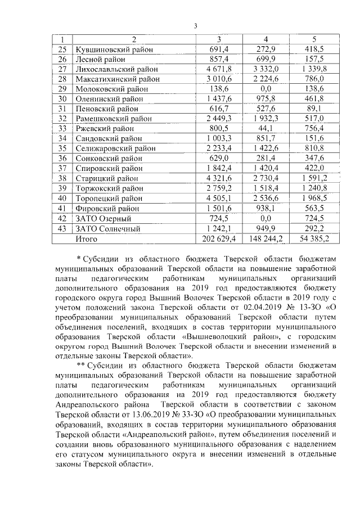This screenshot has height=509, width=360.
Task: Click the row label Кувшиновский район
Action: (112, 49)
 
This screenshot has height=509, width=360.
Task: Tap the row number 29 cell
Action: (62, 88)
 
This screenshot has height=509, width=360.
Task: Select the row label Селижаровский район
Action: (115, 148)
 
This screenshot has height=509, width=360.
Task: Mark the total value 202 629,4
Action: (219, 238)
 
